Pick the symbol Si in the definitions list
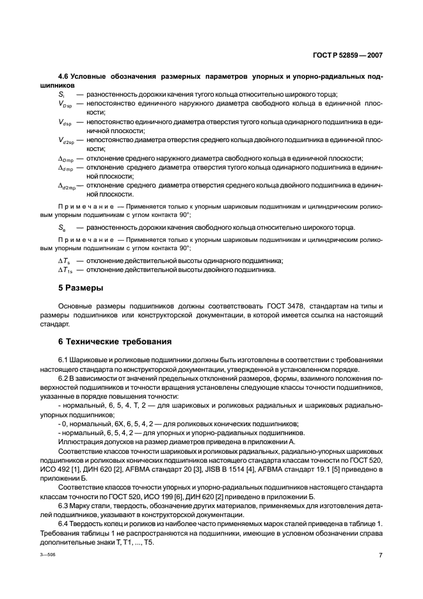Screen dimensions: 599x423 click(61, 93)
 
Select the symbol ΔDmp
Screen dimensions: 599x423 click(66, 159)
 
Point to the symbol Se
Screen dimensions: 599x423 click(62, 227)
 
